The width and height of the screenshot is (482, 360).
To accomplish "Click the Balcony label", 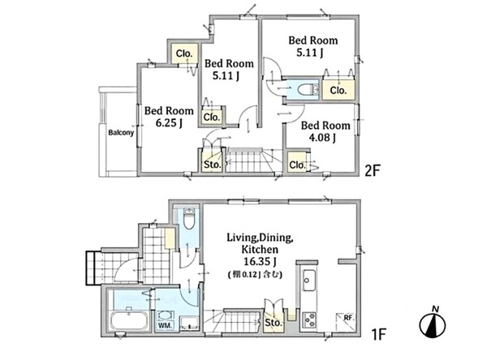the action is pos(121,133).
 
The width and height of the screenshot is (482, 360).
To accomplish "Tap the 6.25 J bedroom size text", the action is pos(169,123).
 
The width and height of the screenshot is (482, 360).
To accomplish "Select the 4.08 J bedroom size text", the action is pos(322,137).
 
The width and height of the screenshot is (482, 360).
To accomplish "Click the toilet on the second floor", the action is pos(308,89).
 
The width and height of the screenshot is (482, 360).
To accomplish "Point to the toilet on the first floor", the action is pos(189,218).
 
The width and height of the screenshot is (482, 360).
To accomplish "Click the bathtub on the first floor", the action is pos(128,321).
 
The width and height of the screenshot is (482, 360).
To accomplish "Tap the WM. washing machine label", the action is pos(165,326).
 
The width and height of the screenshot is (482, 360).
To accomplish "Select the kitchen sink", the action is pos(309,281).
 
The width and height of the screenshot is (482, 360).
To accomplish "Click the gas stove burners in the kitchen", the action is pos(309,319).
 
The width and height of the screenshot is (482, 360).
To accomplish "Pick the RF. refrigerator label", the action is pos(349,318).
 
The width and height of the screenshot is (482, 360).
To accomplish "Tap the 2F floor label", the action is pos(372,170).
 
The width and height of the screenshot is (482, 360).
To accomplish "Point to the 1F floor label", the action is pos(378,334).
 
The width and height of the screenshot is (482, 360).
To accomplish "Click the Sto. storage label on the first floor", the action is pos(273,323).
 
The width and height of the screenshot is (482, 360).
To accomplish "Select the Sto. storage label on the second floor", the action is pos(213,165).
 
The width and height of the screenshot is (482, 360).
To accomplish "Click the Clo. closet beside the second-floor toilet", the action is pos(338,90).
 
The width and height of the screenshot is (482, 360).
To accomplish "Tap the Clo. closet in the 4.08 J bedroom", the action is pos(297,165).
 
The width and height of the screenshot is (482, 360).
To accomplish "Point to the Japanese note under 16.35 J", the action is pos(255,274).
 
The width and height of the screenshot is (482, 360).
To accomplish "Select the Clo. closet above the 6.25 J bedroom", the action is pos(184,54).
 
